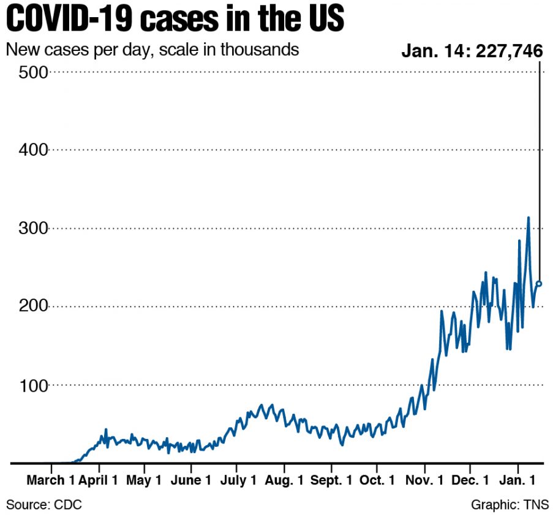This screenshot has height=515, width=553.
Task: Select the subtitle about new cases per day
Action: [152, 50]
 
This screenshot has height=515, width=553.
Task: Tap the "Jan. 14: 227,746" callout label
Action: [472, 51]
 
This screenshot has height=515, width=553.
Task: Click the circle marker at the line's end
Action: [539, 284]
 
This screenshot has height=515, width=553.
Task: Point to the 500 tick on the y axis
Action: [33, 72]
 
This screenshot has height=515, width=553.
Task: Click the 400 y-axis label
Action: [33, 150]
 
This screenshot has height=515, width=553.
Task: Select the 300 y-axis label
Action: [33, 228]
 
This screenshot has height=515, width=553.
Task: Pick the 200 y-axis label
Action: [33, 307]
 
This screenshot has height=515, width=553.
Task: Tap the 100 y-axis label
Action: [33, 385]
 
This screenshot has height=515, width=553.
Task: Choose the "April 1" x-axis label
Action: [99, 480]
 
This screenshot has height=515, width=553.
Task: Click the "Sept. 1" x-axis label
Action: [331, 480]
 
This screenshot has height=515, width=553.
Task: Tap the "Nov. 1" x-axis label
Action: [425, 480]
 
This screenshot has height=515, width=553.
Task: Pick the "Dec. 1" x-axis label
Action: [470, 480]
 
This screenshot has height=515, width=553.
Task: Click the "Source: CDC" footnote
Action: [44, 505]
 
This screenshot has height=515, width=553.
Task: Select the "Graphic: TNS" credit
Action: [510, 505]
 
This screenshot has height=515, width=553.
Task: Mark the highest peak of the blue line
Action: [529, 218]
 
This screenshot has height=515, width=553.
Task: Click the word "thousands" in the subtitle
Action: [260, 50]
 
